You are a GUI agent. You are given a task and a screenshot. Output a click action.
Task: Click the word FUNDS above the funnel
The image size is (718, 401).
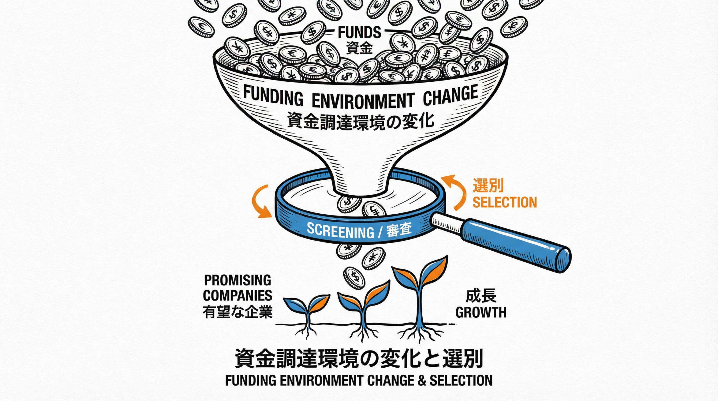[x=359, y=33]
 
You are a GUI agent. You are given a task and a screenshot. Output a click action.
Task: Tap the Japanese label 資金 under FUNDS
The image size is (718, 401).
[x=359, y=48]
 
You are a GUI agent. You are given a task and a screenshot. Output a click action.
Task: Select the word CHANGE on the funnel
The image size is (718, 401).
[x=450, y=95]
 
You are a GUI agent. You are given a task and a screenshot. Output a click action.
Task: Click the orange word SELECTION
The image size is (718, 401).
[x=505, y=202]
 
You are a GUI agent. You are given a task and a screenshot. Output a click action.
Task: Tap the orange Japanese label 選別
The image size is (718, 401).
[x=488, y=185]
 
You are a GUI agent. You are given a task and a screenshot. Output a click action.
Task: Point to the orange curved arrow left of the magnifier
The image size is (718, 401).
[x=260, y=201]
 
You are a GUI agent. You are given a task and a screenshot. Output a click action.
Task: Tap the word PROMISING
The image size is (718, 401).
[x=237, y=280]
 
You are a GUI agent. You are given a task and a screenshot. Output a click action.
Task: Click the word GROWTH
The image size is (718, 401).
[x=481, y=312]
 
